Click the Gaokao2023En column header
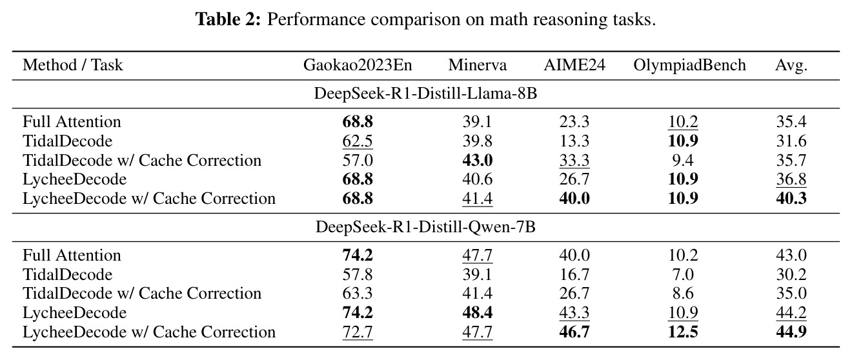pyautogui.click(x=358, y=65)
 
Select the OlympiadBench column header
pyautogui.click(x=689, y=65)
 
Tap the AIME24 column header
pyautogui.click(x=574, y=65)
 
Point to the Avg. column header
pyautogui.click(x=791, y=66)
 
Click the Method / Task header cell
pyautogui.click(x=73, y=65)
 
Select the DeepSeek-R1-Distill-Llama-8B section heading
pyautogui.click(x=425, y=94)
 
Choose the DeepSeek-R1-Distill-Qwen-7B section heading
pyautogui.click(x=425, y=227)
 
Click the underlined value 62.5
pyautogui.click(x=358, y=141)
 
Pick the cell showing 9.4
pyautogui.click(x=683, y=160)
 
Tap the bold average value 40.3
pyautogui.click(x=791, y=199)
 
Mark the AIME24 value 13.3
pyautogui.click(x=574, y=141)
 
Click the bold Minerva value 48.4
pyautogui.click(x=478, y=312)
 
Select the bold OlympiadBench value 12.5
pyautogui.click(x=683, y=332)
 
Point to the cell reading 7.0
pyautogui.click(x=683, y=274)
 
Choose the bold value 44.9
pyautogui.click(x=791, y=332)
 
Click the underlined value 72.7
pyautogui.click(x=358, y=332)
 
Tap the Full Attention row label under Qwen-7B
pyautogui.click(x=72, y=255)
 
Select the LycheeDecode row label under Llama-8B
pyautogui.click(x=75, y=179)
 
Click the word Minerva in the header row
pyautogui.click(x=478, y=65)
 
